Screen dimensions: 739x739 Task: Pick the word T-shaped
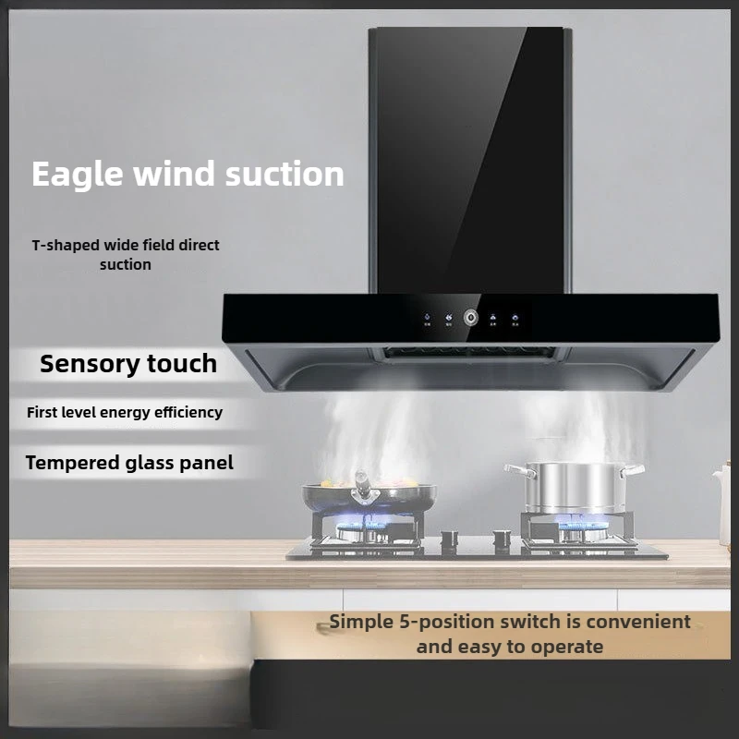tap(63, 246)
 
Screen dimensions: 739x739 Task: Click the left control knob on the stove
tap(449, 537)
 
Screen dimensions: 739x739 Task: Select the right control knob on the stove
tap(500, 535)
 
